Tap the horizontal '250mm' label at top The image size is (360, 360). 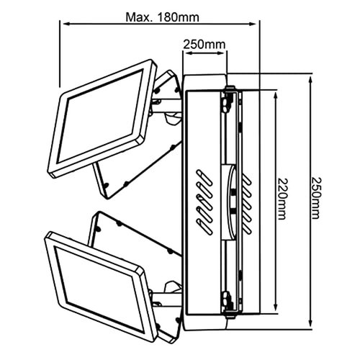(203, 45)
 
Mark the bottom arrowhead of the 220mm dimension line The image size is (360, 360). (275, 310)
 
